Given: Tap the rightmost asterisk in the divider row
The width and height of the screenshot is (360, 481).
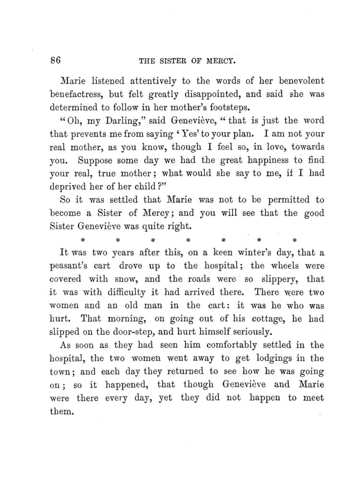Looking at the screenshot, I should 295,239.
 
